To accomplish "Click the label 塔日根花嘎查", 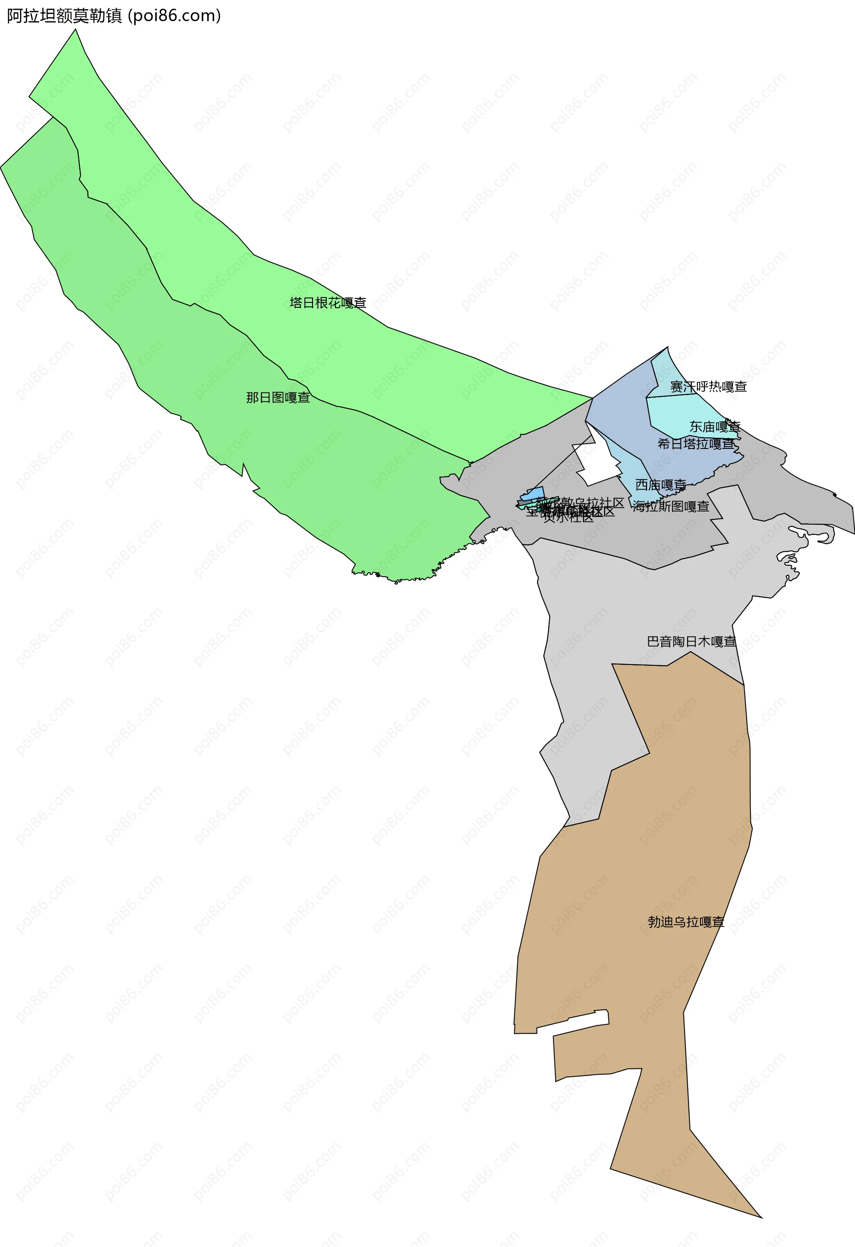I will pos(328,303).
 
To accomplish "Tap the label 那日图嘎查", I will pos(278,398).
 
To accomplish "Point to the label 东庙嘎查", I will pos(714,427).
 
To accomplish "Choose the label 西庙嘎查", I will pos(660,485).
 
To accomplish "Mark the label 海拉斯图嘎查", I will pos(671,506).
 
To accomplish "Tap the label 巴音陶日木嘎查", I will pos(692,642).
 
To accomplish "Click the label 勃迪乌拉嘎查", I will pos(686,922).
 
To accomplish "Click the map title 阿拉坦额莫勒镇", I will pos(65,16).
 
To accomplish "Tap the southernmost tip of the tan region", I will pos(761,1217).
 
